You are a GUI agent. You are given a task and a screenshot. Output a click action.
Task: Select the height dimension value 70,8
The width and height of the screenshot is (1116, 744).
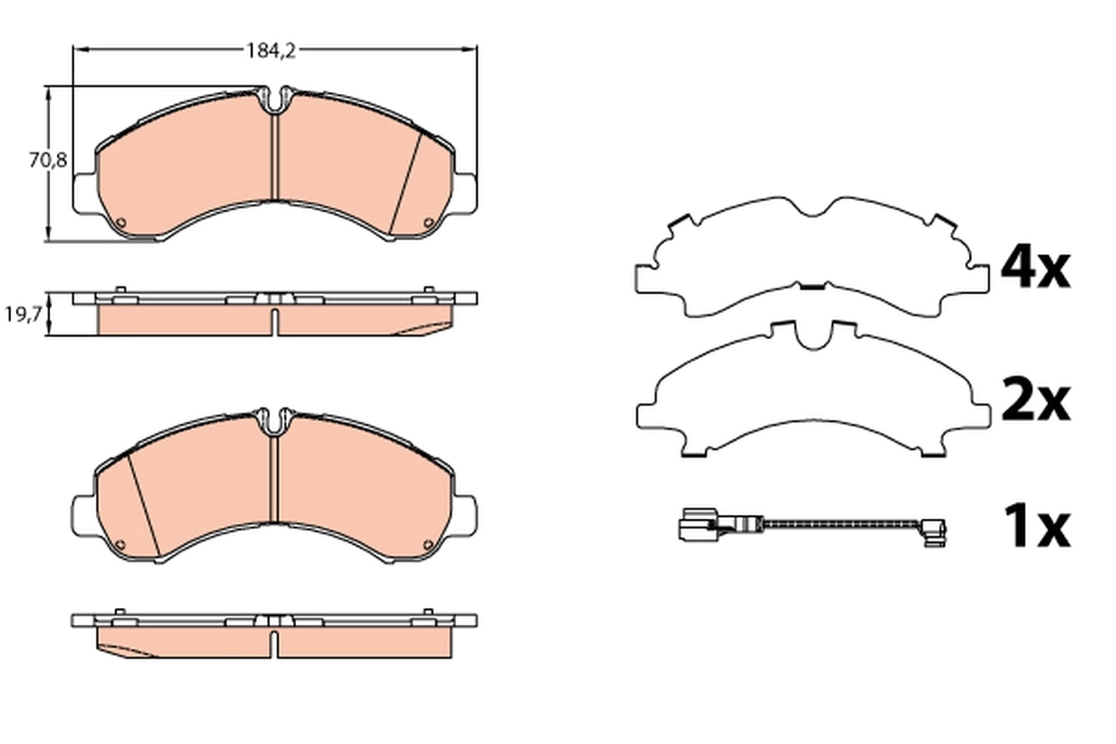tap(46, 161)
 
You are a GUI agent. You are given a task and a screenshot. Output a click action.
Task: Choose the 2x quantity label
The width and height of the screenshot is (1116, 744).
tap(1035, 402)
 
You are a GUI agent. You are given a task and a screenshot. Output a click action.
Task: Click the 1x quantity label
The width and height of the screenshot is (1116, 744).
tap(1035, 528)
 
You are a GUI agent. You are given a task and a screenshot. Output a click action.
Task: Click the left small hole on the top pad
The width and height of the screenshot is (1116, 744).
tap(121, 222)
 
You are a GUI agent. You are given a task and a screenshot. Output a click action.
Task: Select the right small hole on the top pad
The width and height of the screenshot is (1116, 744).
tap(428, 222)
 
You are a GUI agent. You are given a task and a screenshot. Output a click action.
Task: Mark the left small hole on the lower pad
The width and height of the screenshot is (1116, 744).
tap(119, 546)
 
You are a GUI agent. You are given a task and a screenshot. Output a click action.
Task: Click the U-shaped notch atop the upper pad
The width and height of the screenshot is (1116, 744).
tap(274, 100)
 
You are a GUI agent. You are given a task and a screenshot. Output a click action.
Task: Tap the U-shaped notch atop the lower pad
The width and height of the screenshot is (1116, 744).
tap(274, 422)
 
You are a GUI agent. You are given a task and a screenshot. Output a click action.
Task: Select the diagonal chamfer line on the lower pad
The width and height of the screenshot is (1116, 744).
tap(141, 502)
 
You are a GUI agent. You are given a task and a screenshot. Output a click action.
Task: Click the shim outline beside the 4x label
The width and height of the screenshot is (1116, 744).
tap(809, 256)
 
